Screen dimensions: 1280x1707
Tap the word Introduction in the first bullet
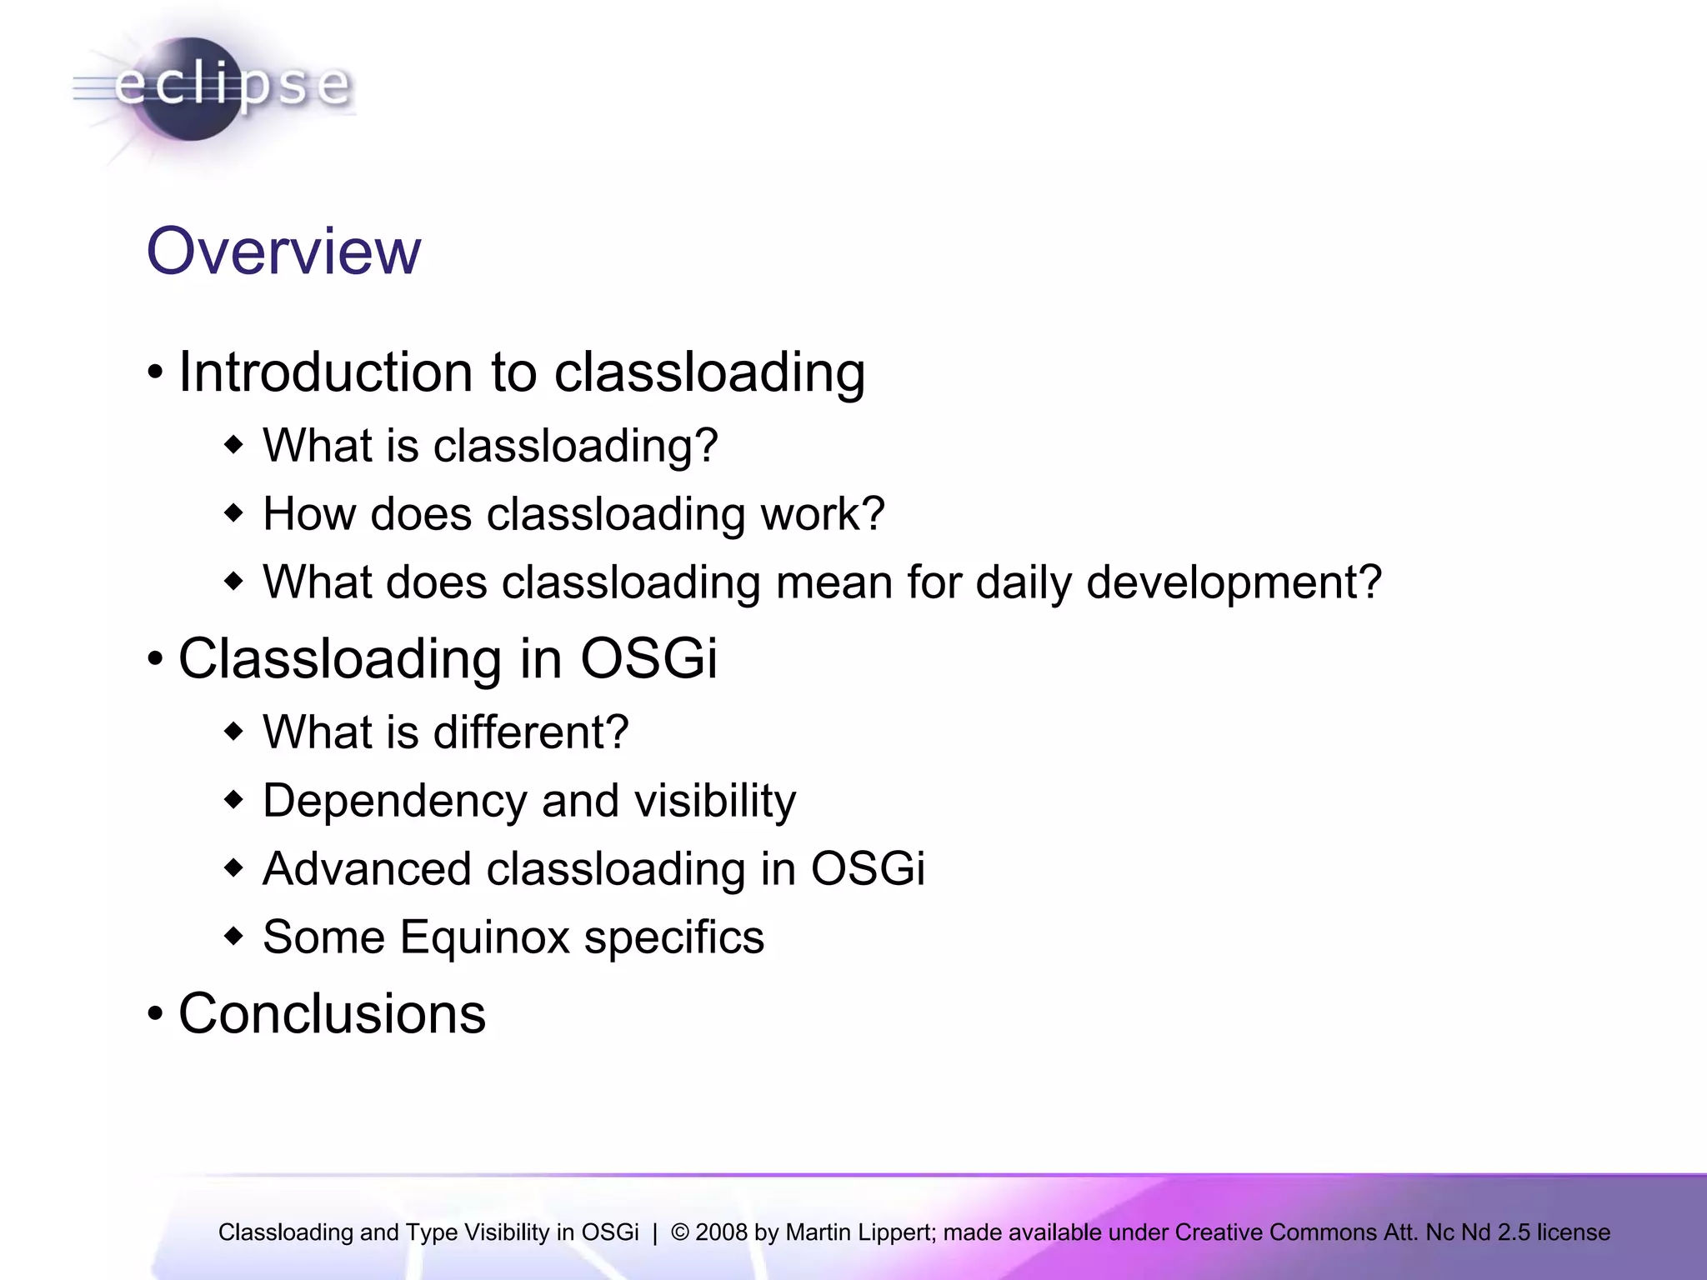pos(326,372)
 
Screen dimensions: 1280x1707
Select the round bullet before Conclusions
pos(155,1015)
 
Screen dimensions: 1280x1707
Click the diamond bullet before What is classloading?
pos(234,445)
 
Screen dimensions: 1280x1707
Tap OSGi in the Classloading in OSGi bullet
pos(648,658)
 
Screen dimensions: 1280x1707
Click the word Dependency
pos(394,802)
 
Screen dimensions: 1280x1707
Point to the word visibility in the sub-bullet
pos(715,801)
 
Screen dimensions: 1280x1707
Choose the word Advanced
pos(367,868)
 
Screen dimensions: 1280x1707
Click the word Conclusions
pos(332,1014)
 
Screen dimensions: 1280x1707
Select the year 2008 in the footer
pos(720,1232)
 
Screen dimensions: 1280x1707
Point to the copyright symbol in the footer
pos(679,1232)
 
